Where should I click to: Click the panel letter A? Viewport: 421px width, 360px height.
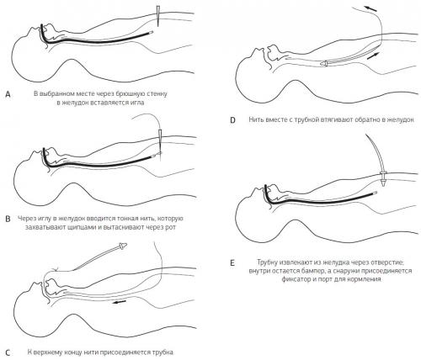coord(8,94)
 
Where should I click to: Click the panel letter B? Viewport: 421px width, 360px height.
coord(8,219)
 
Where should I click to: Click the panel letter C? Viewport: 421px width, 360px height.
coord(8,352)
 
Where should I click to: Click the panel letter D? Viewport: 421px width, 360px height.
coord(232,120)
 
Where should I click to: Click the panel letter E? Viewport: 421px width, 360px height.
coord(232,263)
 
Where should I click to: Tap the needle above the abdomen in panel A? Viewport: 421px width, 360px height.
coord(158,16)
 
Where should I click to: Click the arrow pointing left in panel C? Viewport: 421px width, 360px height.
coord(120,303)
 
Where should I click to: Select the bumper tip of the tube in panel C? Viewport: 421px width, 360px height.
coord(123,246)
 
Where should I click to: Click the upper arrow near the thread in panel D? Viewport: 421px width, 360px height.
coord(370,8)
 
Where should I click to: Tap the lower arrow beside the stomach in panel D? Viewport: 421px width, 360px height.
coord(374,56)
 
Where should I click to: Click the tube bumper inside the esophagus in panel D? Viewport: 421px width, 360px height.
coord(324,63)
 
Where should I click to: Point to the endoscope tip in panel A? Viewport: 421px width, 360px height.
coord(152,33)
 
